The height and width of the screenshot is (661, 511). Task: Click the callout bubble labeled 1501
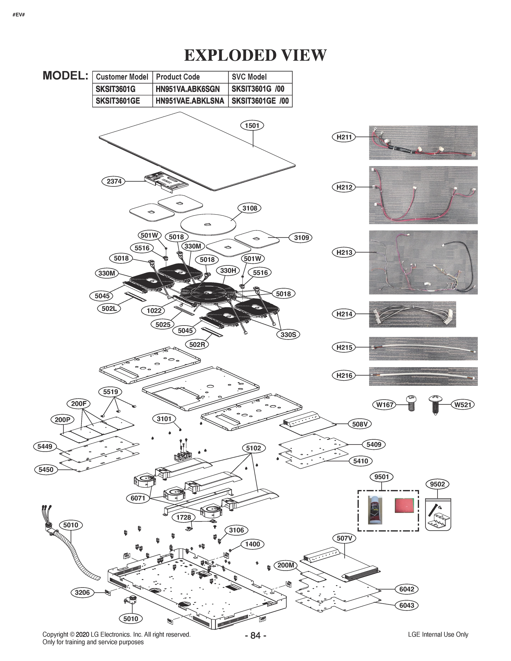[x=252, y=125]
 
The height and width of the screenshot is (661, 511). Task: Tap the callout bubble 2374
[x=114, y=181]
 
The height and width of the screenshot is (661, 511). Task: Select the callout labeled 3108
[x=250, y=208]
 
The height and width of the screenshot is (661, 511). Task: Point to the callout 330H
[x=228, y=270]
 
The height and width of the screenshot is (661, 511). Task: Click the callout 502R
[x=197, y=345]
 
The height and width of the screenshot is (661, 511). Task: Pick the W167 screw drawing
[x=411, y=403]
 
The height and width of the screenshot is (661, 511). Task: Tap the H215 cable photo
[x=423, y=348]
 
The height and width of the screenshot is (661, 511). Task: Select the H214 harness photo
[x=412, y=314]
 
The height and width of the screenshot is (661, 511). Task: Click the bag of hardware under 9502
[x=438, y=514]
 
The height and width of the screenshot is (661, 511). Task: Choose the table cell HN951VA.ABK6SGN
[x=190, y=89]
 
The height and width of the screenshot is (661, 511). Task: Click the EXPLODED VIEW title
[x=255, y=55]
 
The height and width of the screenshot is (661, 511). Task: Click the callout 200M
[x=286, y=565]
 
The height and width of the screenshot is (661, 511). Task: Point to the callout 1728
[x=183, y=517]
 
